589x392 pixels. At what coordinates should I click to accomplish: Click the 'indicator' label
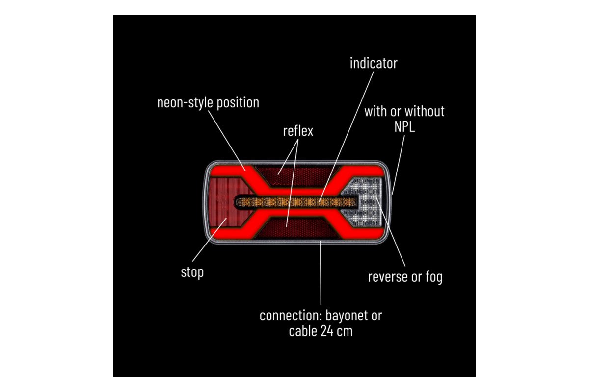(373, 63)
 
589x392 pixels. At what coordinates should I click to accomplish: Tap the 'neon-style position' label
(208, 103)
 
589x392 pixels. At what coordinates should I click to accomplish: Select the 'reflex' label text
(298, 131)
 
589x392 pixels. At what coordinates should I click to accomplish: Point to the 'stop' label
(192, 272)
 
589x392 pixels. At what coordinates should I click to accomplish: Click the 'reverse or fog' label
(405, 277)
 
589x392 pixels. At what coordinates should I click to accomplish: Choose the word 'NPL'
(404, 127)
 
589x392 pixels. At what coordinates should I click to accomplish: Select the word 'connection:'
(288, 316)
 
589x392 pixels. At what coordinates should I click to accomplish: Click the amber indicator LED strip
(294, 201)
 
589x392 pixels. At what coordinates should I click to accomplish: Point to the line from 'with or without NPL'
(399, 164)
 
